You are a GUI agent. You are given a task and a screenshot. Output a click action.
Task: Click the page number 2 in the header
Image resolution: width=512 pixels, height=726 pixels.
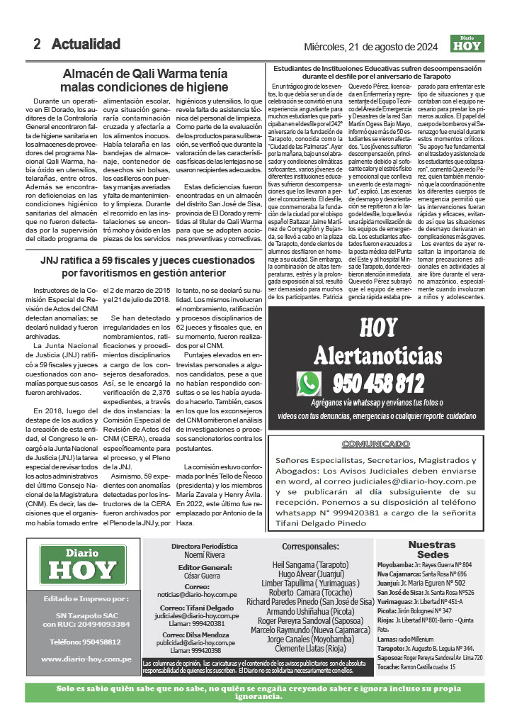coord(37,44)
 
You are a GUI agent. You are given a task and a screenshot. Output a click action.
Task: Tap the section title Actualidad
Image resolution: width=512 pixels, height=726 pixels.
coord(86,44)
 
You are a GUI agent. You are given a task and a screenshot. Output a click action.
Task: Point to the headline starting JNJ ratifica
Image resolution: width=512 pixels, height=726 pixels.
coord(144,266)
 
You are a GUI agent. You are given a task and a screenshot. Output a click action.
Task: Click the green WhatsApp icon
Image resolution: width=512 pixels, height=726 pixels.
coord(309,384)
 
